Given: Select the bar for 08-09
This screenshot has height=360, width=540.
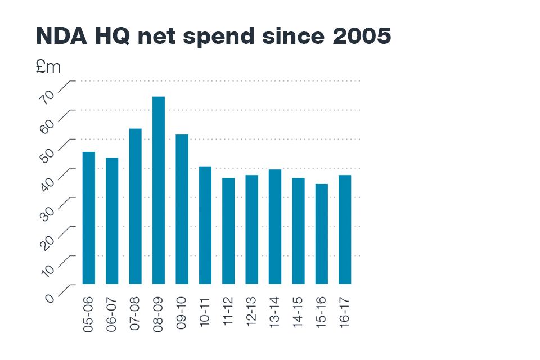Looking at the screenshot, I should (159, 190).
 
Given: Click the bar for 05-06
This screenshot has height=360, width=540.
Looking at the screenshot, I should (89, 218).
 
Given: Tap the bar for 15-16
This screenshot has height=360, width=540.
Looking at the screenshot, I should (322, 233).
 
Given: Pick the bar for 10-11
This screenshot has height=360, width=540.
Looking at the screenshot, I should (205, 225).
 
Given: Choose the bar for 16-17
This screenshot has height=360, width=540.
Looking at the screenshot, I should (345, 229).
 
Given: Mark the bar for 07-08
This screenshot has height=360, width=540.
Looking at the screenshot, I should (136, 206).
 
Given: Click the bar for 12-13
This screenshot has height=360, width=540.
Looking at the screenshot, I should (251, 229).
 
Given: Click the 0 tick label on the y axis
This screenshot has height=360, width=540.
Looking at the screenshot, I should (51, 295).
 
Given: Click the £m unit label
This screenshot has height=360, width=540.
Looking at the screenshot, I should (47, 67).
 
